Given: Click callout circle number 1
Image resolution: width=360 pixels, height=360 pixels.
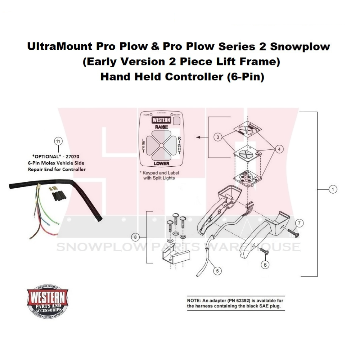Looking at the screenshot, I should (333, 189).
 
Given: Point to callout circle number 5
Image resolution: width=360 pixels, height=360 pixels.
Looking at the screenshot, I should (217, 270).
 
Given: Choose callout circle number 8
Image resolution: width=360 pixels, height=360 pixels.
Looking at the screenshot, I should (136, 237).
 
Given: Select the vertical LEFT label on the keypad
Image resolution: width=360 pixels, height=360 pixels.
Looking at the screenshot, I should (143, 145).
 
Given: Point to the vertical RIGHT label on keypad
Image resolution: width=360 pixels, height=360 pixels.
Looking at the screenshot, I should (180, 145).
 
